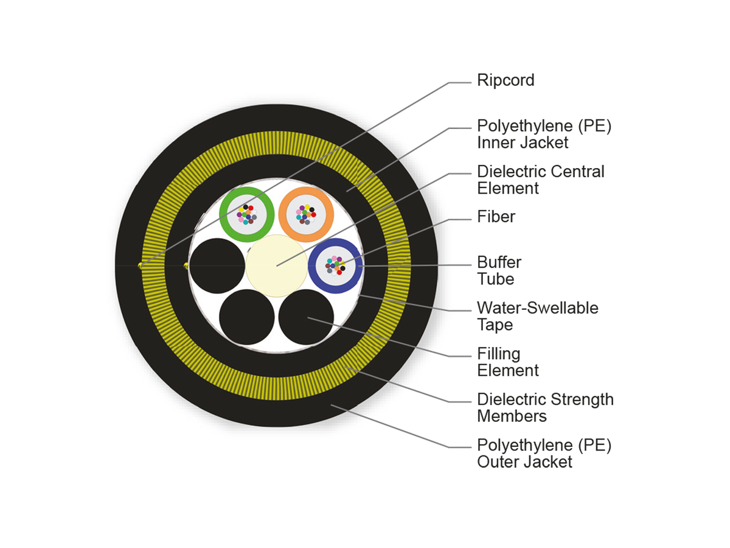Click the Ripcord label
pyautogui.click(x=506, y=80)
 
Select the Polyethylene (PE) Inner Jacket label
pyautogui.click(x=544, y=134)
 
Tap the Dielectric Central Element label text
pyautogui.click(x=540, y=180)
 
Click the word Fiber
pyautogui.click(x=496, y=217)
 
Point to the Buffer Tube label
pyautogui.click(x=499, y=271)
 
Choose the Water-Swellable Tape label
pyautogui.click(x=537, y=316)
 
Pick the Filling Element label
pyautogui.click(x=507, y=362)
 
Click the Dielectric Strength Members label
pyautogui.click(x=545, y=407)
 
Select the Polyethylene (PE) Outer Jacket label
pyautogui.click(x=544, y=453)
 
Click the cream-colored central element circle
pyautogui.click(x=276, y=265)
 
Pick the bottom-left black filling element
pyautogui.click(x=246, y=317)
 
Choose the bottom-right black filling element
pyautogui.click(x=306, y=317)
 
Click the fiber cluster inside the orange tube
pyautogui.click(x=306, y=214)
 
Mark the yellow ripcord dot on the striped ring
pyautogui.click(x=142, y=265)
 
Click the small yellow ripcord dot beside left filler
pyautogui.click(x=186, y=265)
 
